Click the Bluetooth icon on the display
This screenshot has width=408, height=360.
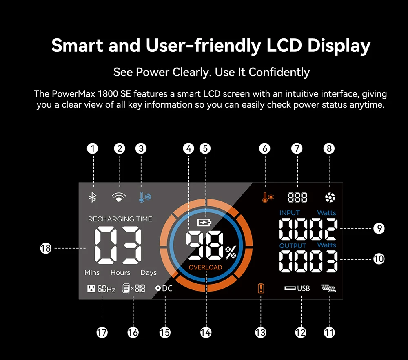93,198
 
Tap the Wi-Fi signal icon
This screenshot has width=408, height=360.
119,198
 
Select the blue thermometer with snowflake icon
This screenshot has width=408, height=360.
144,198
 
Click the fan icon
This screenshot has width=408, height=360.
330,198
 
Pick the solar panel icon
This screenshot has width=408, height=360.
329,289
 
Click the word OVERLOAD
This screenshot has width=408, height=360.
205,268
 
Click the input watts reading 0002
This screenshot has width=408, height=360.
308,228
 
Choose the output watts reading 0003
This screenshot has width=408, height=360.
308,261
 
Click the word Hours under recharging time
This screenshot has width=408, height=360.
120,272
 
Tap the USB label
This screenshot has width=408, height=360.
303,289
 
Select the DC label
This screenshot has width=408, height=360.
167,288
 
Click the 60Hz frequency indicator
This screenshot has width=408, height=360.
102,289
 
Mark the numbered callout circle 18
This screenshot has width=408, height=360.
46,248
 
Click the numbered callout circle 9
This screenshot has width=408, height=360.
379,228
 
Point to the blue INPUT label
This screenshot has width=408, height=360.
290,213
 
